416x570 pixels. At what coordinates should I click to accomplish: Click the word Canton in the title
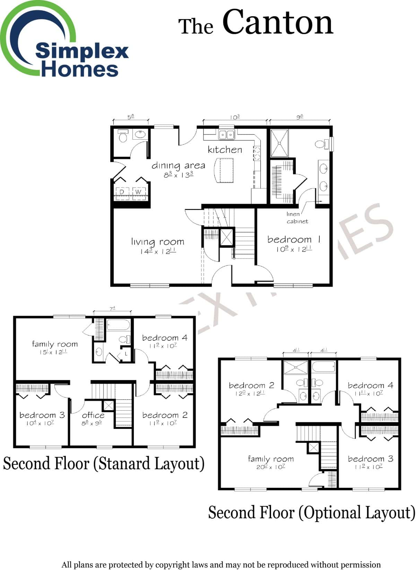pos(277,23)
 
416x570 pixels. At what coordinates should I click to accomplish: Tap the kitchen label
pos(225,150)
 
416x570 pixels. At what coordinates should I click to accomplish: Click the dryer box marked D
pos(122,192)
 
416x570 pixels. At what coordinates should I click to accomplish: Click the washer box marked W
pos(138,192)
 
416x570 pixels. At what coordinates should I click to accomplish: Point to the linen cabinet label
pos(297,218)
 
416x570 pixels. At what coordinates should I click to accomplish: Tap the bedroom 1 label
pos(294,239)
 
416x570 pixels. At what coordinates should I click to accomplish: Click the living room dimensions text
pos(158,251)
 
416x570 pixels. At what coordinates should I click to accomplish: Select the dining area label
pos(178,166)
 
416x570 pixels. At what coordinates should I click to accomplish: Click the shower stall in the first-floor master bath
pos(279,143)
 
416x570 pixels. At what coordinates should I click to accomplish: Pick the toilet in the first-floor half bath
pos(123,136)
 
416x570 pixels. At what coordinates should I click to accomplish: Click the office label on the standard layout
pos(93,415)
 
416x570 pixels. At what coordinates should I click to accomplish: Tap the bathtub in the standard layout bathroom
pos(118,325)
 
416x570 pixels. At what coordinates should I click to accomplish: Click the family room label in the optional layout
pos(270,459)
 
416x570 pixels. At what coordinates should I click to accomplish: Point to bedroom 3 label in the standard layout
pos(42,415)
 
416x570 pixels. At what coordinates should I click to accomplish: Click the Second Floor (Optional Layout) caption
pos(311,512)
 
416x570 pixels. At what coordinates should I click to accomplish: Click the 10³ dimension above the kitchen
pos(235,117)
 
